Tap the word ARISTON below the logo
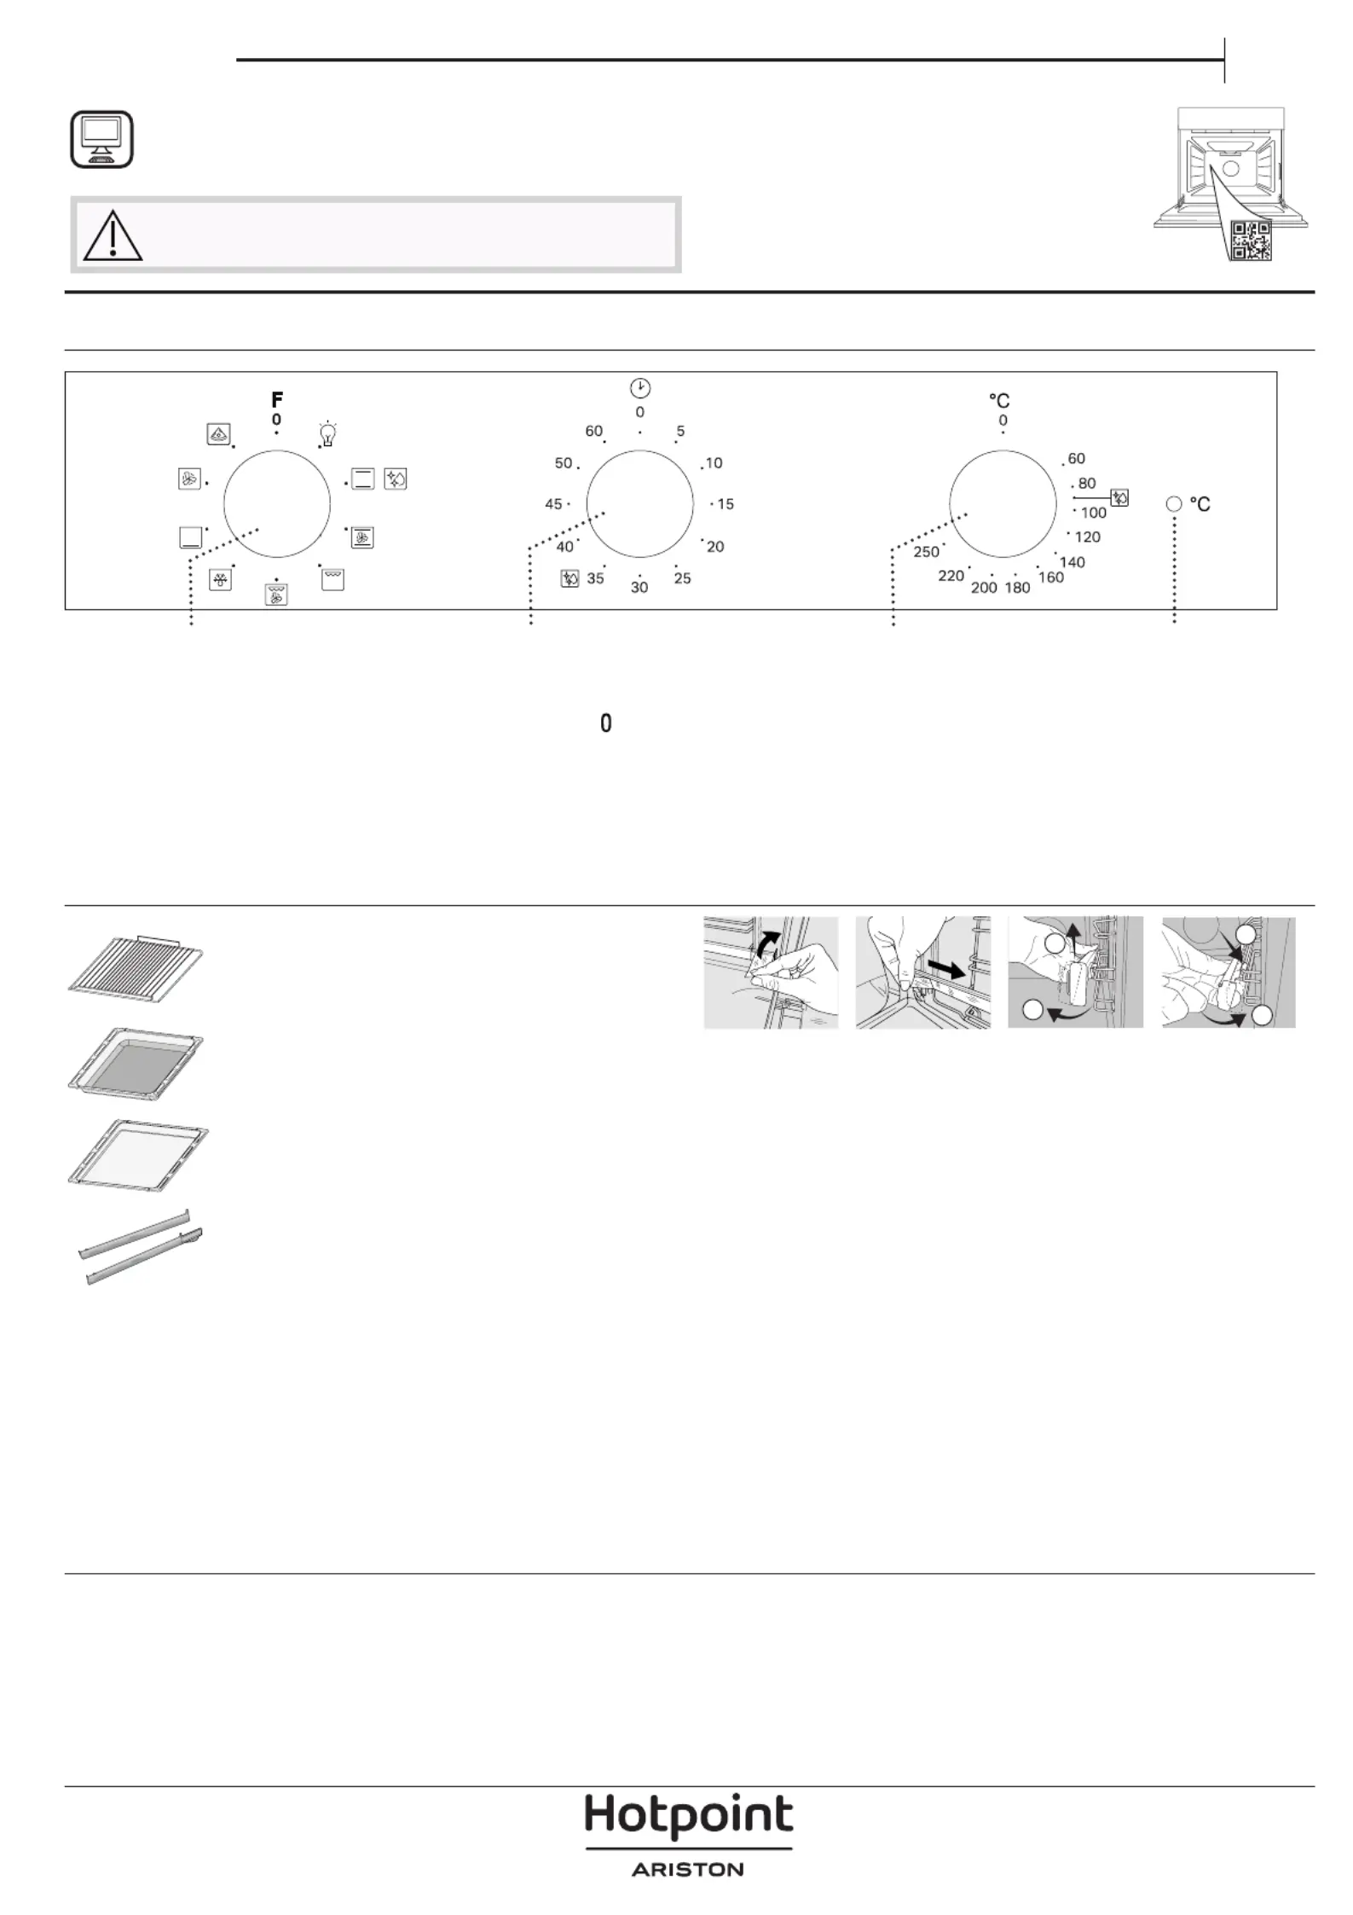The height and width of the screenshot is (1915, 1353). [x=688, y=1870]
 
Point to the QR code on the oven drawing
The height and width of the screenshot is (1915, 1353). [x=1252, y=240]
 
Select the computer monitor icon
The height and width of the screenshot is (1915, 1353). [x=101, y=138]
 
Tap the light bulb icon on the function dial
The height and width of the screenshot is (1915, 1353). [x=327, y=433]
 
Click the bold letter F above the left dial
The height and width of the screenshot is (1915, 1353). [x=277, y=399]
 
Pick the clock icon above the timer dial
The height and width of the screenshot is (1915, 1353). [x=640, y=388]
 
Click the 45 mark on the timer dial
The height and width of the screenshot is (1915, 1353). [x=553, y=504]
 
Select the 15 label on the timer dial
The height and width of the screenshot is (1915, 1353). [x=726, y=504]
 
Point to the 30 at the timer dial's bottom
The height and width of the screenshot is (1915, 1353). [x=639, y=588]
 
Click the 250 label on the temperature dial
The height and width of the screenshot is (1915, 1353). [x=927, y=552]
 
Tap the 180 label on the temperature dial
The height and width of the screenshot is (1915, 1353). [x=1018, y=588]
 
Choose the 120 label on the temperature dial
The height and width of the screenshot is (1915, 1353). [x=1088, y=537]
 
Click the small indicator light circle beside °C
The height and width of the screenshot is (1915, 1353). [x=1174, y=504]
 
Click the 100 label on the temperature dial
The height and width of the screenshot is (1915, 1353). [x=1094, y=513]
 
